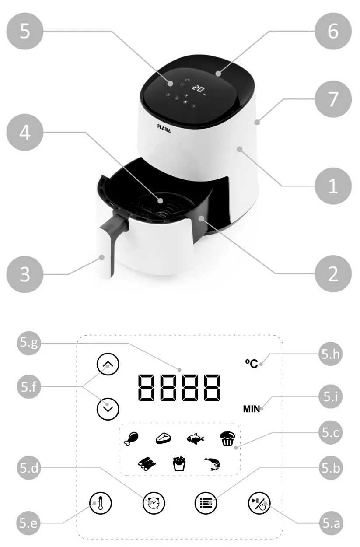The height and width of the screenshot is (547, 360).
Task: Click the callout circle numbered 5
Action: click(25, 32)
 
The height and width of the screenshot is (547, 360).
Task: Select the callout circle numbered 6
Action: click(333, 32)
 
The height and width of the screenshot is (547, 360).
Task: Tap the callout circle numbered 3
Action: click(25, 274)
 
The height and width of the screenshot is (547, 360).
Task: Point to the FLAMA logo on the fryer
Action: click(165, 126)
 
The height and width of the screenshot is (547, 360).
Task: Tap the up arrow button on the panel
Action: click(108, 364)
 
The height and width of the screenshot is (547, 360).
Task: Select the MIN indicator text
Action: click(252, 409)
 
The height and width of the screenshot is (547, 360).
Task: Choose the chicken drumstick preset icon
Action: click(131, 438)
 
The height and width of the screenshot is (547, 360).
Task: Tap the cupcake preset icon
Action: click(227, 438)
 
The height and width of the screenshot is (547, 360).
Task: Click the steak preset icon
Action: click(163, 438)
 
